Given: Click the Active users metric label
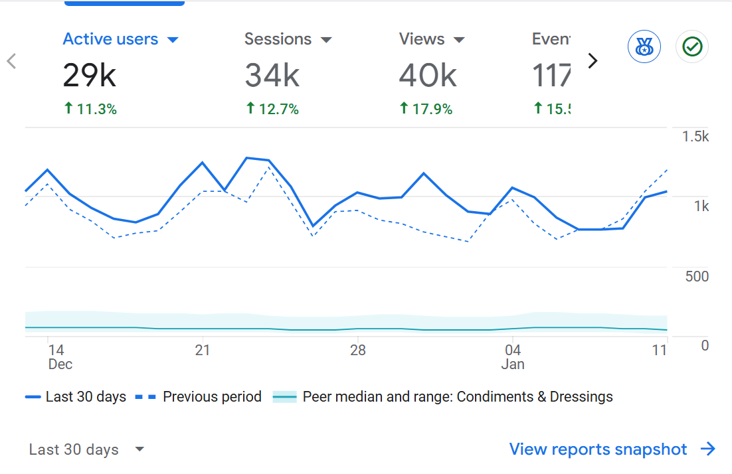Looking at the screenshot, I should (x=110, y=39).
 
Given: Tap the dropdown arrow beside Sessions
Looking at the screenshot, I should (x=326, y=40).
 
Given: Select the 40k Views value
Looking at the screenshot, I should (x=428, y=76).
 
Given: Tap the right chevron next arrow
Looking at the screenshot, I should (x=593, y=61).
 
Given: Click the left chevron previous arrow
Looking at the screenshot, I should (x=11, y=61).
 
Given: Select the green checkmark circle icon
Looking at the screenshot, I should (x=692, y=47).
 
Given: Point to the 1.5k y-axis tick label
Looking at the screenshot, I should (x=695, y=136).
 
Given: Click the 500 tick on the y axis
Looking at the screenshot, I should (x=697, y=276).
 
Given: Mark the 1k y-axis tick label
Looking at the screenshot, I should (x=701, y=206).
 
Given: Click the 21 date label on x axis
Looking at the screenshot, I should (x=203, y=350).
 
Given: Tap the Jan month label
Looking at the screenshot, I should (x=513, y=364).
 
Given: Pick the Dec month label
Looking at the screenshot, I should (x=60, y=364).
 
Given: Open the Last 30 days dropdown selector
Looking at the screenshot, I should (x=86, y=449).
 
